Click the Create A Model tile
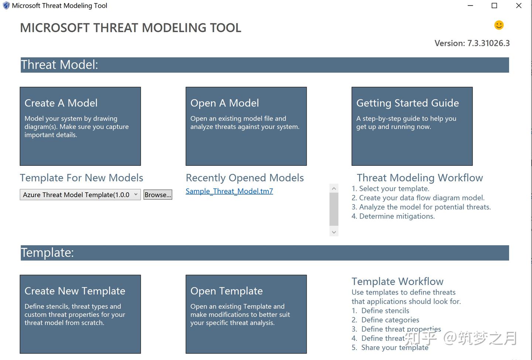click(80, 126)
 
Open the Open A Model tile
click(246, 126)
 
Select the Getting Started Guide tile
click(412, 126)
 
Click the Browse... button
click(158, 195)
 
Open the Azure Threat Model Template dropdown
click(80, 195)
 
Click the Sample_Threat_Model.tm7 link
click(229, 191)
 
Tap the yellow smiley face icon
click(499, 25)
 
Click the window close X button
click(518, 6)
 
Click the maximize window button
click(494, 6)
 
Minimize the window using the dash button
click(470, 6)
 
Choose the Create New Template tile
click(80, 314)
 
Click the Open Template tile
click(246, 314)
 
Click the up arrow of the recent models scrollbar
click(334, 188)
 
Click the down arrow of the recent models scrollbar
click(334, 232)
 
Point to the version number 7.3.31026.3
click(488, 43)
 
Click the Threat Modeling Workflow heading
click(420, 178)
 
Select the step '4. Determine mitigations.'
click(393, 216)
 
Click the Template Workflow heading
click(397, 282)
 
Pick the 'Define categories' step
click(390, 320)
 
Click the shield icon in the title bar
click(6, 6)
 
